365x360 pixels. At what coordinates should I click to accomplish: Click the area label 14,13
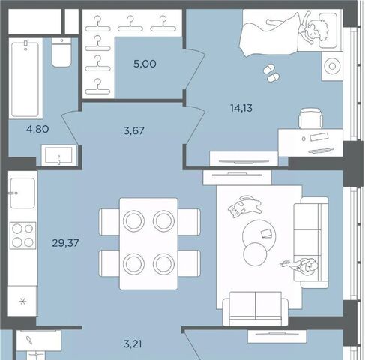[x=241, y=108]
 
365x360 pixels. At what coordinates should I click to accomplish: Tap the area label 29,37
[x=65, y=243]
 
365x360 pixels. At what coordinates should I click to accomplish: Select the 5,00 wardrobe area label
[x=145, y=64]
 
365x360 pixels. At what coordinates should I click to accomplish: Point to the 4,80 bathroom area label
[x=37, y=129]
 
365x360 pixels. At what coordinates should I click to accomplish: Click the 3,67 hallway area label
[x=134, y=130]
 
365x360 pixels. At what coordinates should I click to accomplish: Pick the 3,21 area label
[x=133, y=344]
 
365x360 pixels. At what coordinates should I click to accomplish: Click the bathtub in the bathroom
[x=25, y=79]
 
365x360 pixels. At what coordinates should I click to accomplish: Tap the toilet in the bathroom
[x=61, y=52]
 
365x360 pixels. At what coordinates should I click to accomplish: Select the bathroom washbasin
[x=59, y=155]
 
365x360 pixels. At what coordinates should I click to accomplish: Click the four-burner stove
[x=22, y=235]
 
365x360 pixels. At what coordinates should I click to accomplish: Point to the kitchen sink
[x=22, y=193]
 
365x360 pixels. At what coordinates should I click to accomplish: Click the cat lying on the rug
[x=245, y=206]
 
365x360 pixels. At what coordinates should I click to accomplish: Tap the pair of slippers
[x=271, y=73]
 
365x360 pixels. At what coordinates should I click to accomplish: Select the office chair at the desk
[x=311, y=118]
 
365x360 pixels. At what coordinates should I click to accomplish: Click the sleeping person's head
[x=317, y=29]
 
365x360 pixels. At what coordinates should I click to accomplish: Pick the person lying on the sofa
[x=300, y=265]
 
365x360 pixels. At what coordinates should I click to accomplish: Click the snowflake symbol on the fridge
[x=22, y=301]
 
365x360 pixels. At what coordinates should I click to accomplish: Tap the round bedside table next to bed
[x=332, y=66]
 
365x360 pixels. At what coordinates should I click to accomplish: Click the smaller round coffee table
[x=255, y=254]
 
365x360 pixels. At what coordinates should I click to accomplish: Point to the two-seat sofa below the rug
[x=256, y=309]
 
